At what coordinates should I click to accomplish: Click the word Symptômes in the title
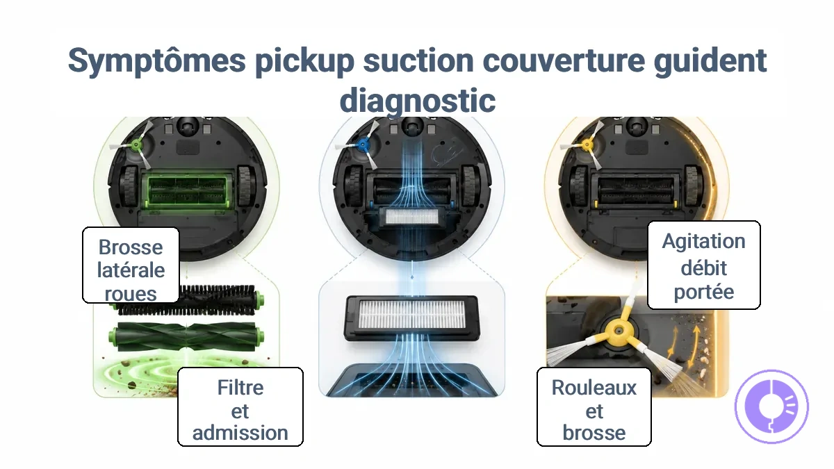(157, 61)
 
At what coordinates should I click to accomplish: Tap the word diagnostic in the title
(418, 101)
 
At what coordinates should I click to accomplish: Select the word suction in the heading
(418, 60)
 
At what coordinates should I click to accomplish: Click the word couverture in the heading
(564, 60)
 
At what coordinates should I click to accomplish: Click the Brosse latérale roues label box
(131, 265)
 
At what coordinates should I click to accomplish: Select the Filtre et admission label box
(240, 407)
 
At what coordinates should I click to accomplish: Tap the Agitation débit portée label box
(703, 265)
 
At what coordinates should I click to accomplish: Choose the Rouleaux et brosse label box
(594, 407)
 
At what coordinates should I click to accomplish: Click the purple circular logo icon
(771, 406)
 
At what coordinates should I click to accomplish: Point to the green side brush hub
(136, 145)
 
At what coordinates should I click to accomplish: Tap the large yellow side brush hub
(619, 330)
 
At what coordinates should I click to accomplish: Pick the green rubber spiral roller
(186, 337)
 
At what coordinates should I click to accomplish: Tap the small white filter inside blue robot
(411, 217)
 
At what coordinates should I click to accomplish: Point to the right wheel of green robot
(246, 186)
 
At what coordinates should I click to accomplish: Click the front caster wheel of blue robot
(411, 126)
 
